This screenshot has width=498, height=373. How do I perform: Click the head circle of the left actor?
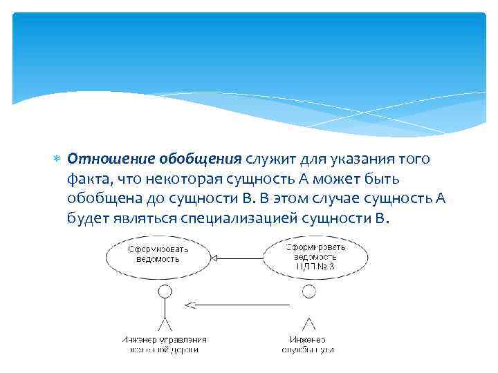[164, 291]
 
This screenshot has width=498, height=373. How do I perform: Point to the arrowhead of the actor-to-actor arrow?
[189, 305]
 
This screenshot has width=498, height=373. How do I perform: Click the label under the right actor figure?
[308, 345]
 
